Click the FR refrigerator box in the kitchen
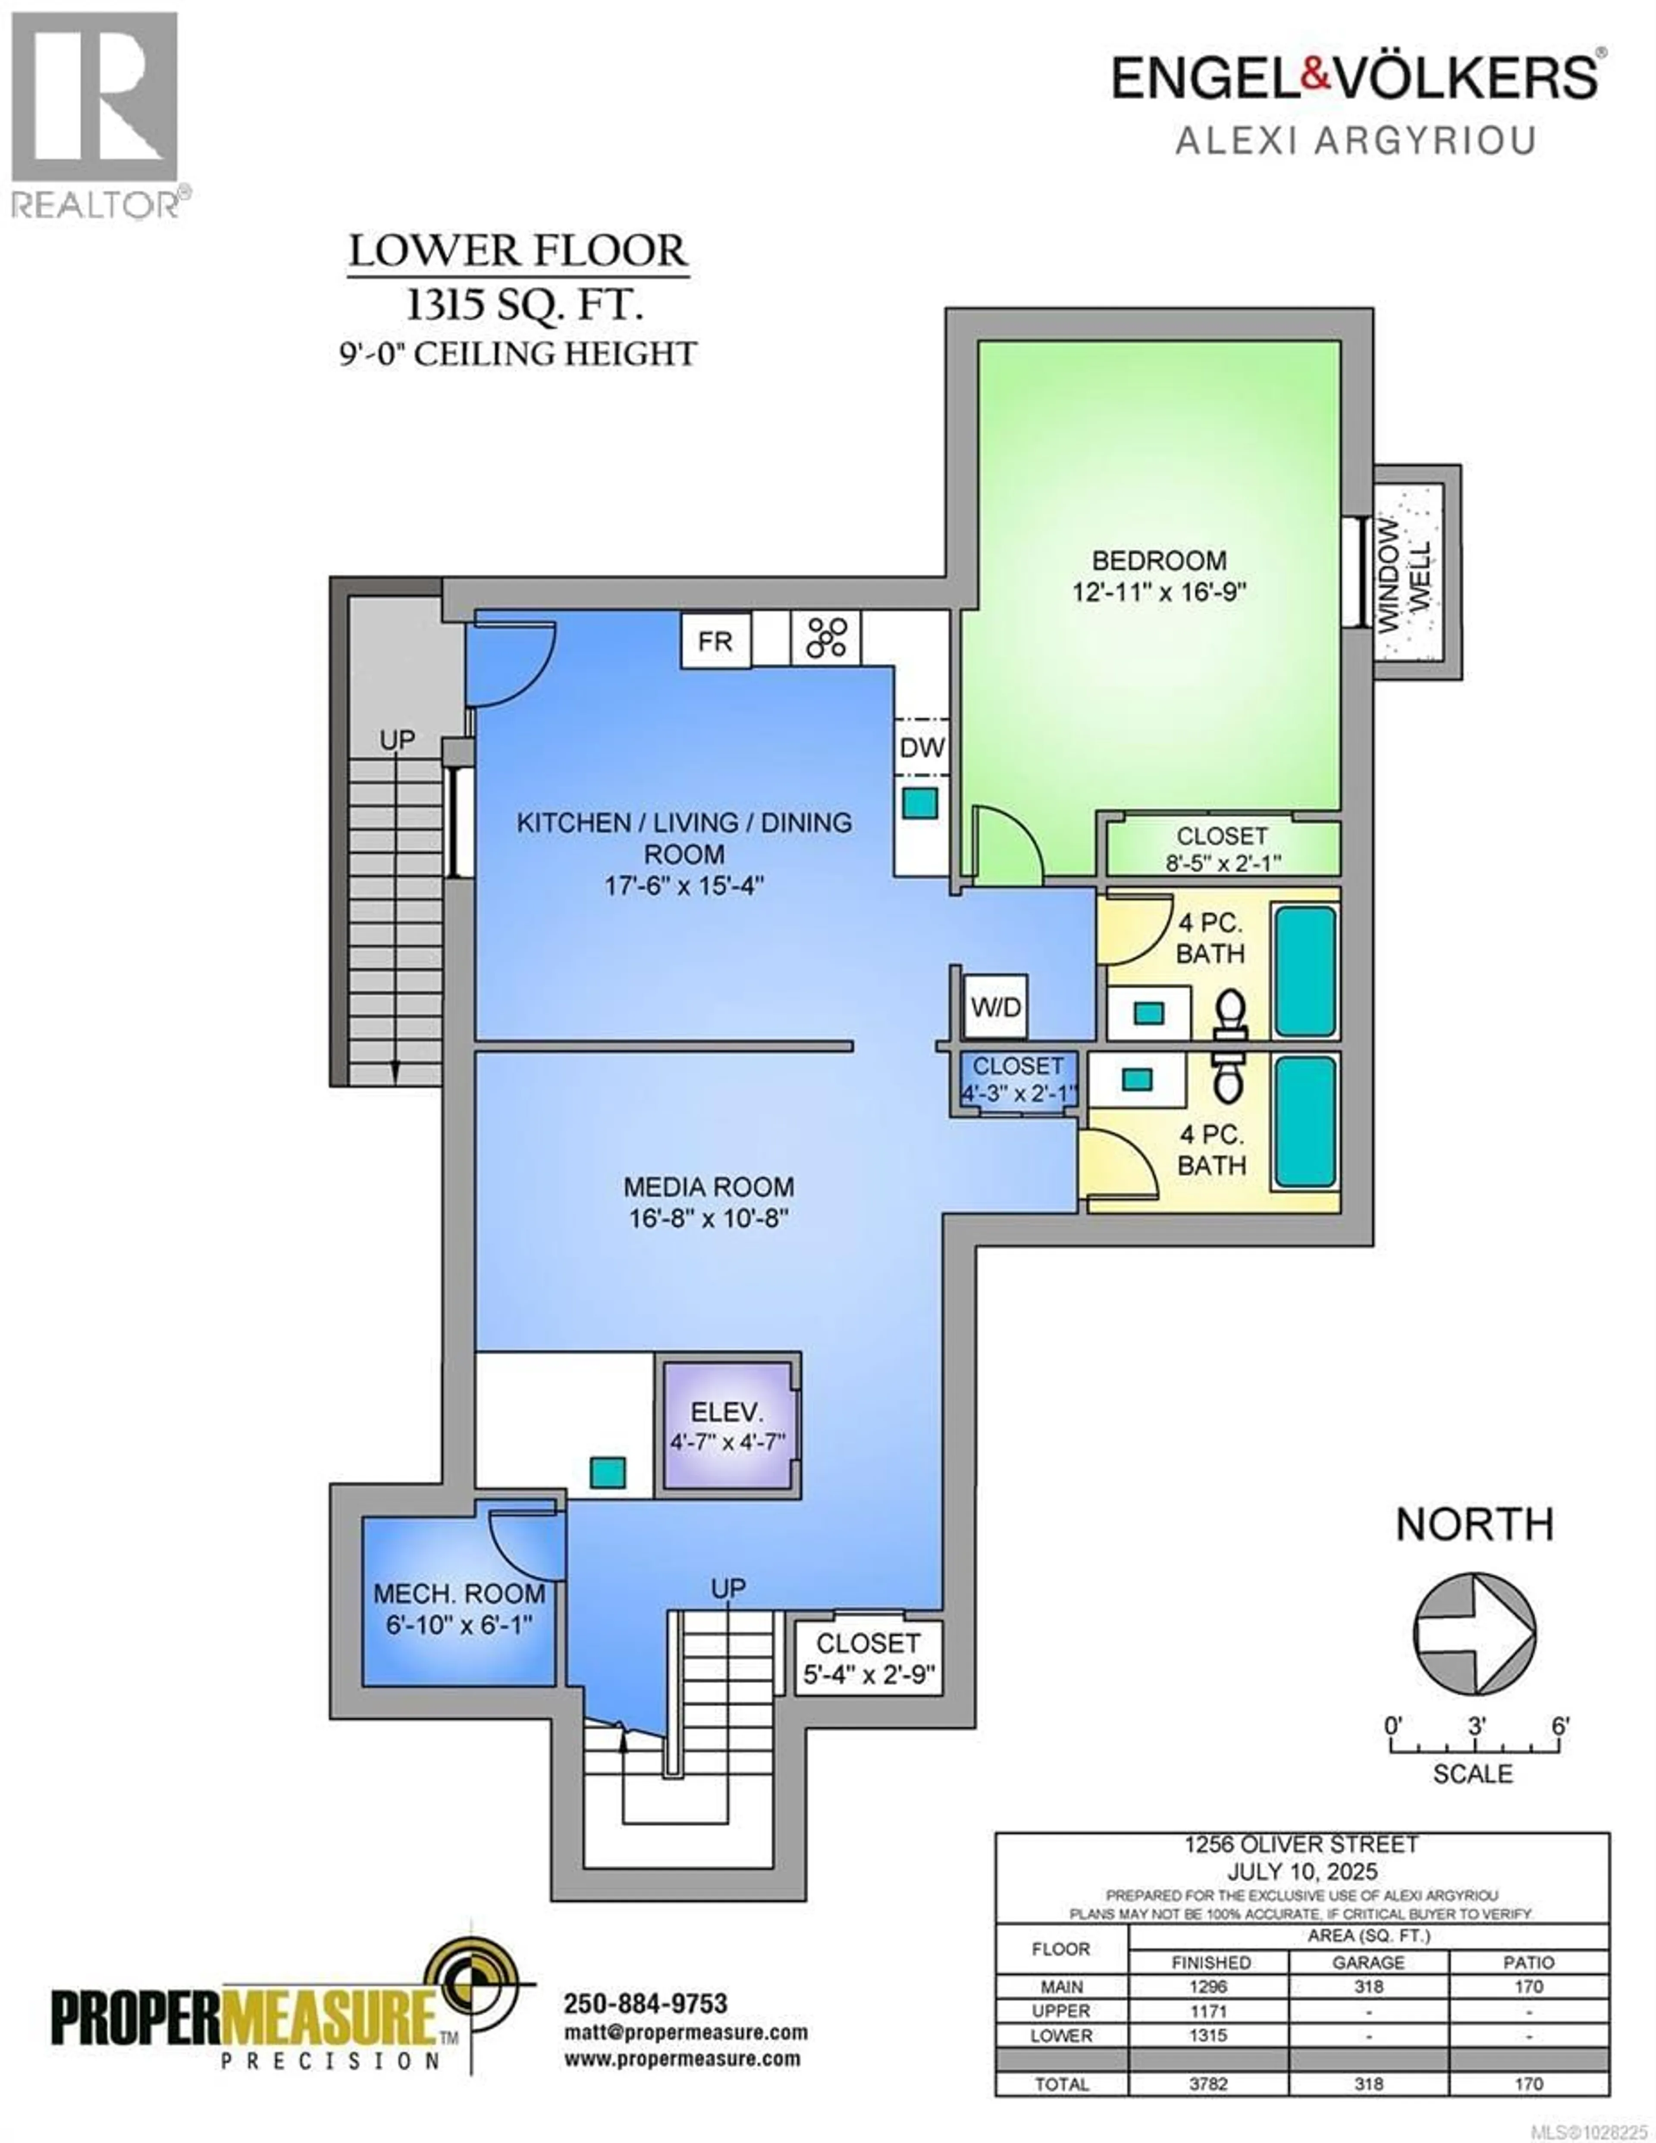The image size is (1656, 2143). click(x=715, y=641)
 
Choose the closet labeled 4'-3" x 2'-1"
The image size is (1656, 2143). click(x=1018, y=1079)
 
